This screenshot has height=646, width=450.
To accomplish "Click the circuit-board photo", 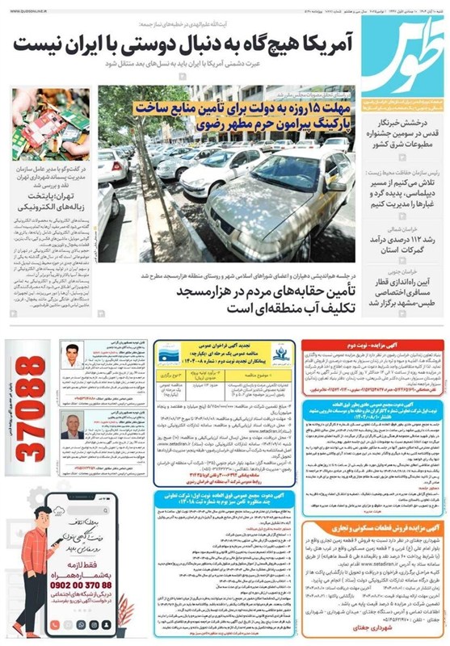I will [50, 124].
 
